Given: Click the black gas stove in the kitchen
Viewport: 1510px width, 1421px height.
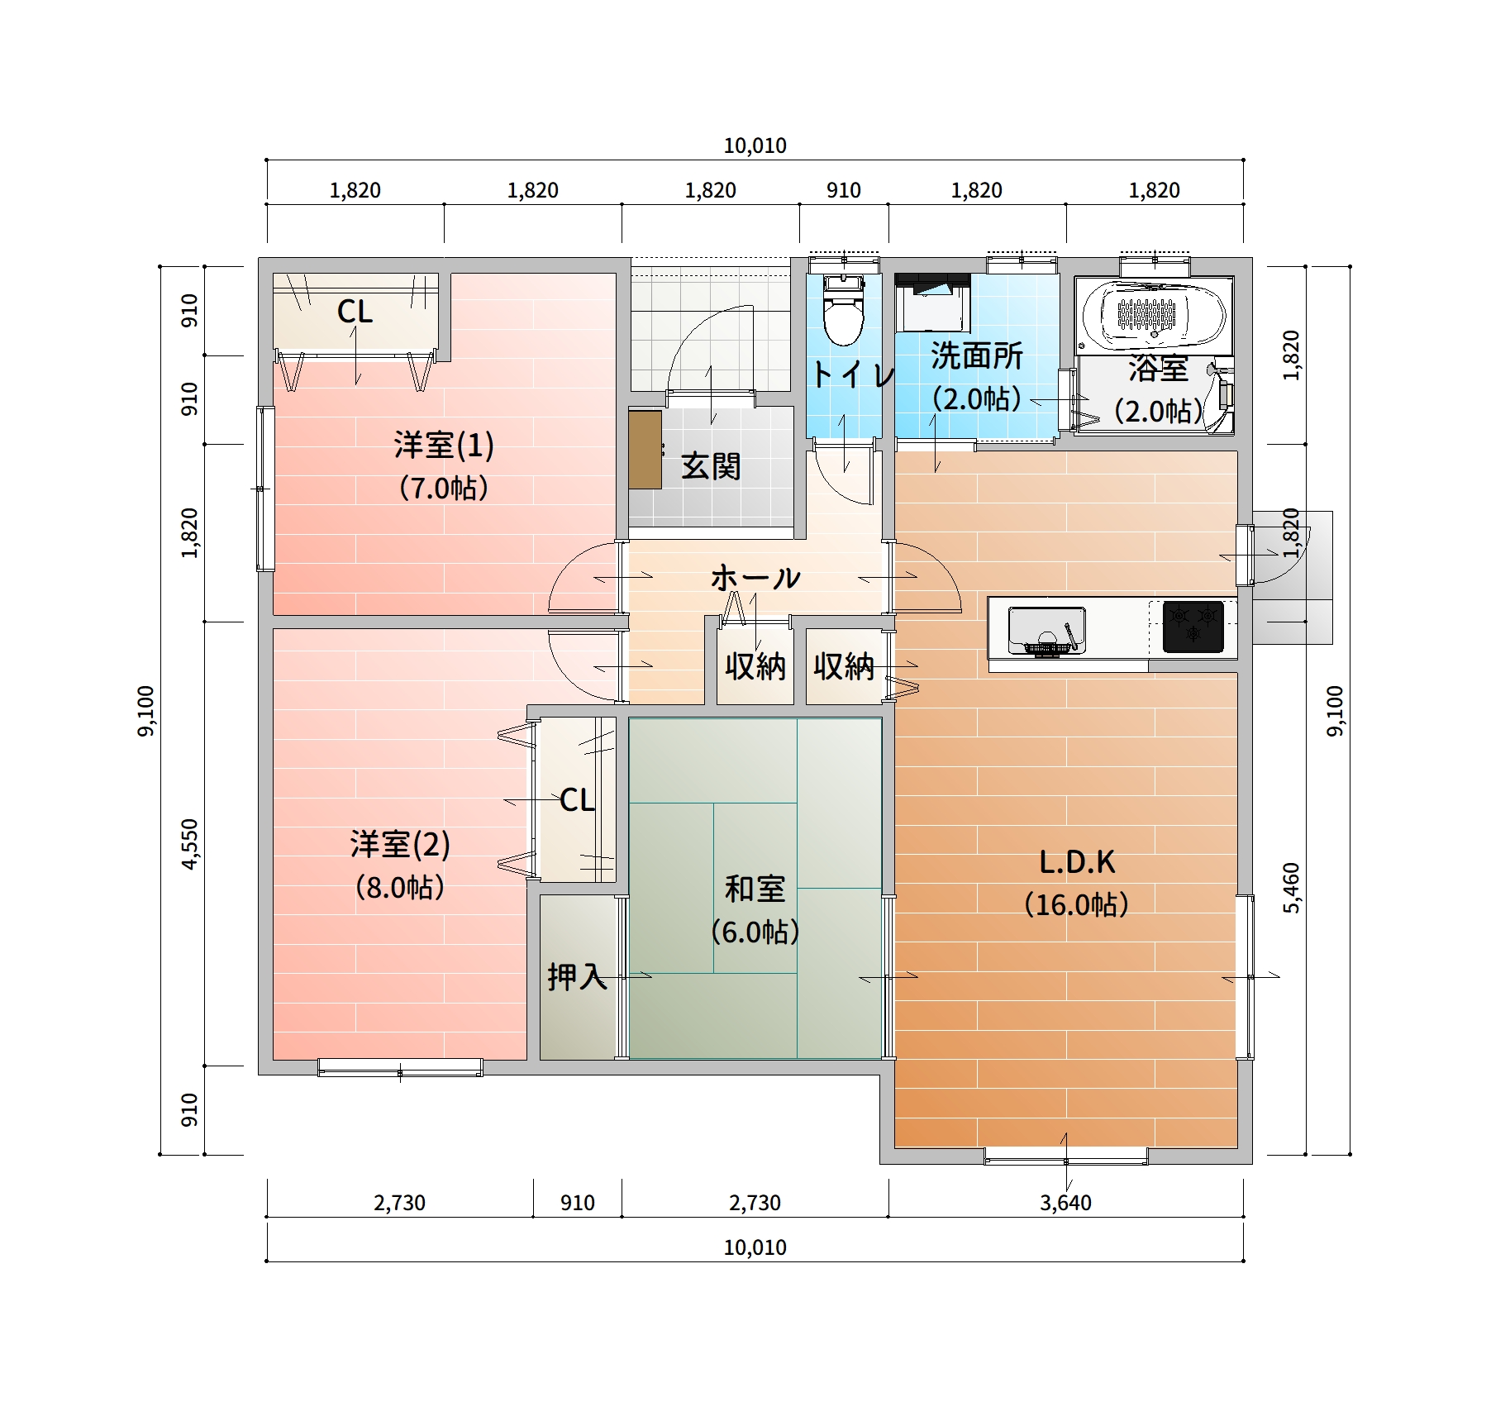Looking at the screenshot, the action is point(1193,627).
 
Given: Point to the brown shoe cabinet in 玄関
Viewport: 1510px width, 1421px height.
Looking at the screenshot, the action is point(645,450).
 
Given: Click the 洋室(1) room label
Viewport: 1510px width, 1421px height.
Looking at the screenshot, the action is point(444,446).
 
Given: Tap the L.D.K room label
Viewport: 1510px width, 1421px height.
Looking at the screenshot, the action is point(1077,862).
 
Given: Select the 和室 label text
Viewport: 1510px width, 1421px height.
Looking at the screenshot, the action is point(755,889).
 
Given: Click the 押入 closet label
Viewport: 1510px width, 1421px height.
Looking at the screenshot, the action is point(577,977).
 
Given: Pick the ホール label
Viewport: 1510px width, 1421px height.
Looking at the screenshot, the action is point(755,577).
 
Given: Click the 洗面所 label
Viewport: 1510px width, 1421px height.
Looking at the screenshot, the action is point(977,355).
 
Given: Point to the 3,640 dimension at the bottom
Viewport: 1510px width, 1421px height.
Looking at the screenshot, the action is point(1065,1203).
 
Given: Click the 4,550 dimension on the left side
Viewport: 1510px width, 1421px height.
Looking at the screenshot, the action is point(189,844).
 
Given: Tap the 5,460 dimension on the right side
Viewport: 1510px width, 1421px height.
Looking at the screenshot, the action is point(1291,888).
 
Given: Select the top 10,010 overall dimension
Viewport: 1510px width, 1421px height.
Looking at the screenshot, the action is point(755,145).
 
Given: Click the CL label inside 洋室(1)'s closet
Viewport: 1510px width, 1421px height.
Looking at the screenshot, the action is point(355,312).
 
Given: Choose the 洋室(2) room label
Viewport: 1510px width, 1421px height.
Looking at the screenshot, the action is point(400,845).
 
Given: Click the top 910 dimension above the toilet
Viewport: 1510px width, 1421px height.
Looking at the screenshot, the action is point(844,190).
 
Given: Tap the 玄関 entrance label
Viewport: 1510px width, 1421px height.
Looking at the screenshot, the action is point(711,466).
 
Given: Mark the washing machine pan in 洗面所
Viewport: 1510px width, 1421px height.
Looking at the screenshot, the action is point(933,303).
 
